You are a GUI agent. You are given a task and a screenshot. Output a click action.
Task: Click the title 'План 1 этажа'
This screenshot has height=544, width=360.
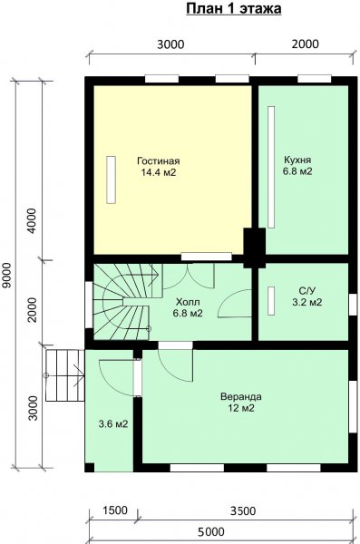(234, 9)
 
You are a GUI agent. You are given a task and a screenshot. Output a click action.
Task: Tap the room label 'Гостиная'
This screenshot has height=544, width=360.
(159, 161)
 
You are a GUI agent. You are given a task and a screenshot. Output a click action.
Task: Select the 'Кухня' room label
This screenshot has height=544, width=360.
(297, 160)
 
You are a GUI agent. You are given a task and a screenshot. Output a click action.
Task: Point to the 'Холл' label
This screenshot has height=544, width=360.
(188, 301)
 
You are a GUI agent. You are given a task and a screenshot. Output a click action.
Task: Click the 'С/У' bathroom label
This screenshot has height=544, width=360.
(306, 290)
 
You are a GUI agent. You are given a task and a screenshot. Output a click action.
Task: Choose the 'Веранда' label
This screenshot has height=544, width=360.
(241, 396)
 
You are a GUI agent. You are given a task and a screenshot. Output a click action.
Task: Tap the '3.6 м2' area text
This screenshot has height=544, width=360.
(113, 423)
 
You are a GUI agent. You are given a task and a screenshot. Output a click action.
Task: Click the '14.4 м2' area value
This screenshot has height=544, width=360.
(159, 172)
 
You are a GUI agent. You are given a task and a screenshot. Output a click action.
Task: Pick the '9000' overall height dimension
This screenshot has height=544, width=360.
(7, 275)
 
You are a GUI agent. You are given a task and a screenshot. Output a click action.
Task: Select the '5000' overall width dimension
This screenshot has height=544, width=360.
(211, 531)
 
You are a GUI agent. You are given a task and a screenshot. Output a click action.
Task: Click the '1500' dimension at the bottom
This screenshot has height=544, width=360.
(115, 510)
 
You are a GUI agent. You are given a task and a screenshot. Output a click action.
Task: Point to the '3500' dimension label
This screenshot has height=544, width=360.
(243, 511)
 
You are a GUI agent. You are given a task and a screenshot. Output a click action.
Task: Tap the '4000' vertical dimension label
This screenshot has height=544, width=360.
(32, 220)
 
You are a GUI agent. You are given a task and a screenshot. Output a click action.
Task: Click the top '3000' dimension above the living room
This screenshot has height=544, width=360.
(170, 44)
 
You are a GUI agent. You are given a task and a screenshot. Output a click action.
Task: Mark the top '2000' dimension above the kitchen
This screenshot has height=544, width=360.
(305, 44)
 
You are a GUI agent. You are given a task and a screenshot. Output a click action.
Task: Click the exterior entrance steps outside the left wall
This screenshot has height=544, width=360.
(65, 375)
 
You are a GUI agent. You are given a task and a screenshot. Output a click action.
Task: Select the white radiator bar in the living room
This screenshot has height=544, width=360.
(112, 180)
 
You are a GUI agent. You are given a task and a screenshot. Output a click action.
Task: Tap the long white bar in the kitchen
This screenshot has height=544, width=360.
(271, 167)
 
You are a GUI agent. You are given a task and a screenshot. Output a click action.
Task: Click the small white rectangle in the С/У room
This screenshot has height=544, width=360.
(271, 301)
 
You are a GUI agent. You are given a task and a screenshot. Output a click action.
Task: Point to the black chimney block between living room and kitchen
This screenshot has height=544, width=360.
(255, 248)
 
